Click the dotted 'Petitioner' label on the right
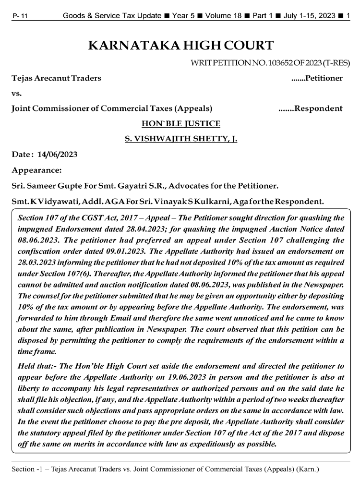coord(317,78)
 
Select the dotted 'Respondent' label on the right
coord(311,108)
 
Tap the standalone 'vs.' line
coord(18,93)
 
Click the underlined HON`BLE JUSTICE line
coord(181,123)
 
